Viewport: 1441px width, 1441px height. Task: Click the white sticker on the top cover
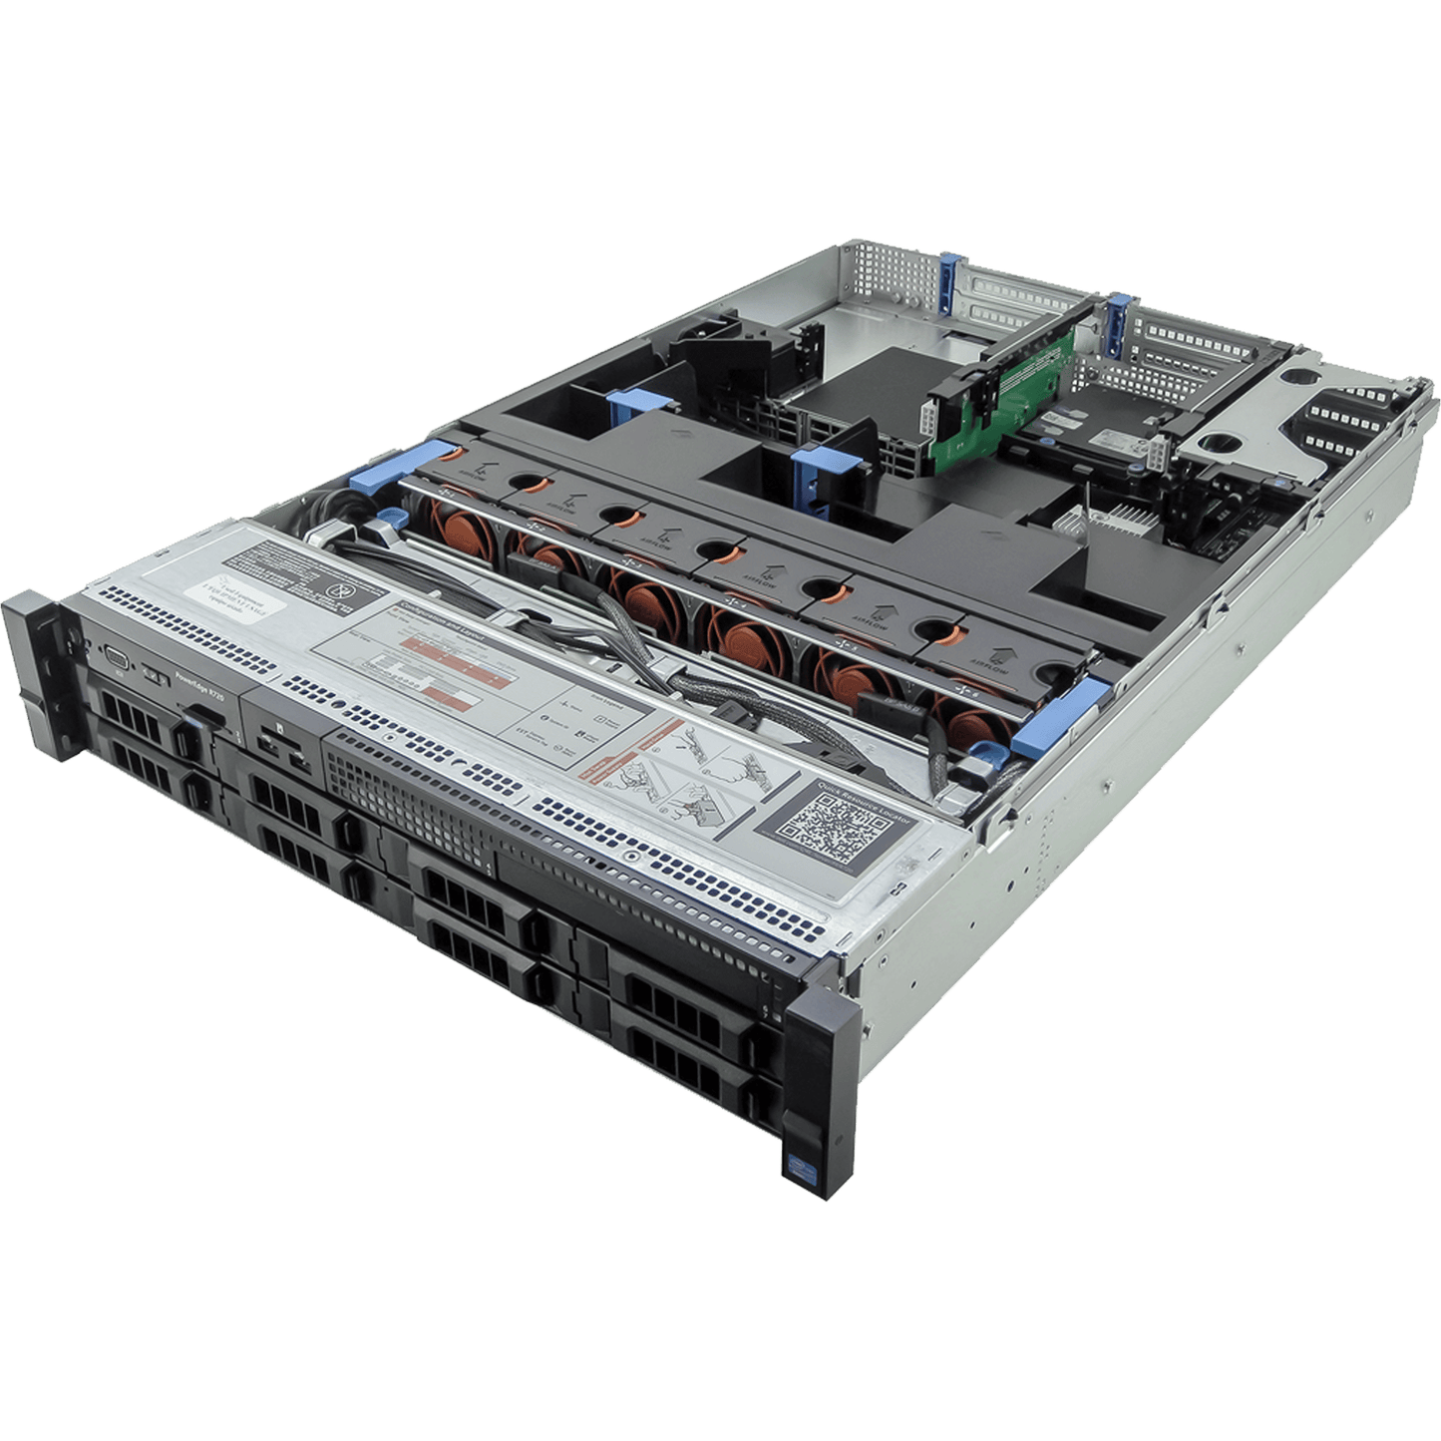245,591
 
